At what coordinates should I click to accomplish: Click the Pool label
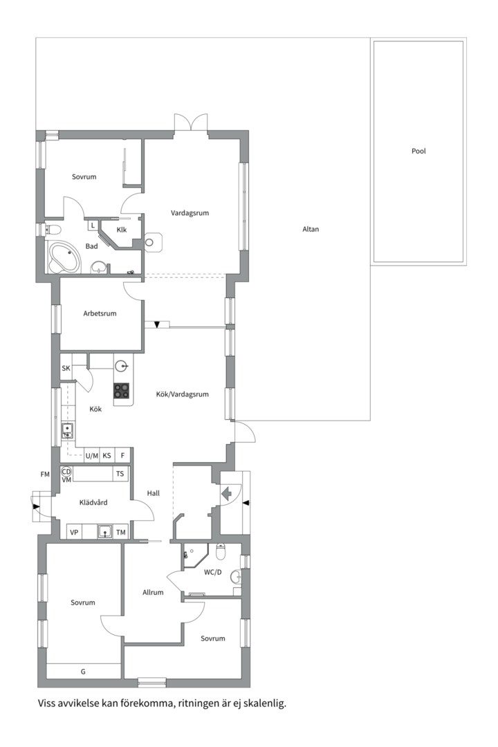(418, 151)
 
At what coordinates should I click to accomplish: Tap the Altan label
(311, 229)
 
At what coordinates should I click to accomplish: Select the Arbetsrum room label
(100, 313)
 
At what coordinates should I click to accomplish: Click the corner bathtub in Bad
(64, 259)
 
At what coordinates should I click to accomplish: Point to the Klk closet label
(122, 230)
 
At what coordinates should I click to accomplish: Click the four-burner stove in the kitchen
(122, 391)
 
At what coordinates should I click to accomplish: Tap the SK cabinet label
(66, 368)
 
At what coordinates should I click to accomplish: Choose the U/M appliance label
(92, 456)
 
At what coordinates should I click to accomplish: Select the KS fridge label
(107, 456)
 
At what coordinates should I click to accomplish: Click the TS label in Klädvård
(120, 474)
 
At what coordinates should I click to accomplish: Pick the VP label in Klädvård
(74, 532)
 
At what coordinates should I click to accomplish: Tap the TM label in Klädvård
(121, 532)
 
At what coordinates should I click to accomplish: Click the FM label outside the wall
(45, 474)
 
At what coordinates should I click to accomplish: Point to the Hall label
(154, 494)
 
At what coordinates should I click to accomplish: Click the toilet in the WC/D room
(221, 551)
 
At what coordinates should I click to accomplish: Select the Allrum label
(153, 593)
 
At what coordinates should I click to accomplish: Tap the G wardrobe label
(83, 672)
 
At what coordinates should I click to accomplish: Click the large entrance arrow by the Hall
(227, 492)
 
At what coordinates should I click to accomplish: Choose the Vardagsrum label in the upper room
(190, 213)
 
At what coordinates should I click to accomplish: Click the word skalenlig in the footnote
(264, 703)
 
